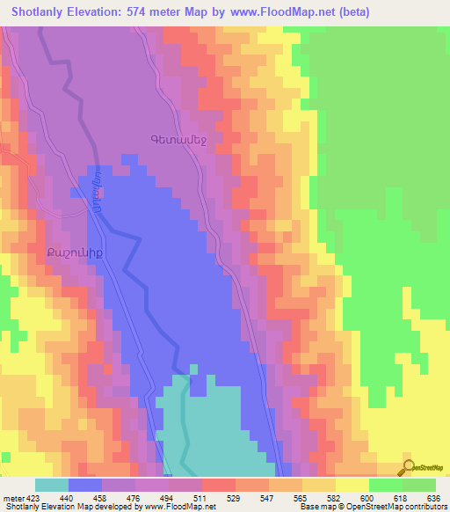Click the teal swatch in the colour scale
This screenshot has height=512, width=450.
tap(52, 485)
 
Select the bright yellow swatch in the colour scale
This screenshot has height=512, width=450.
tap(352, 485)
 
